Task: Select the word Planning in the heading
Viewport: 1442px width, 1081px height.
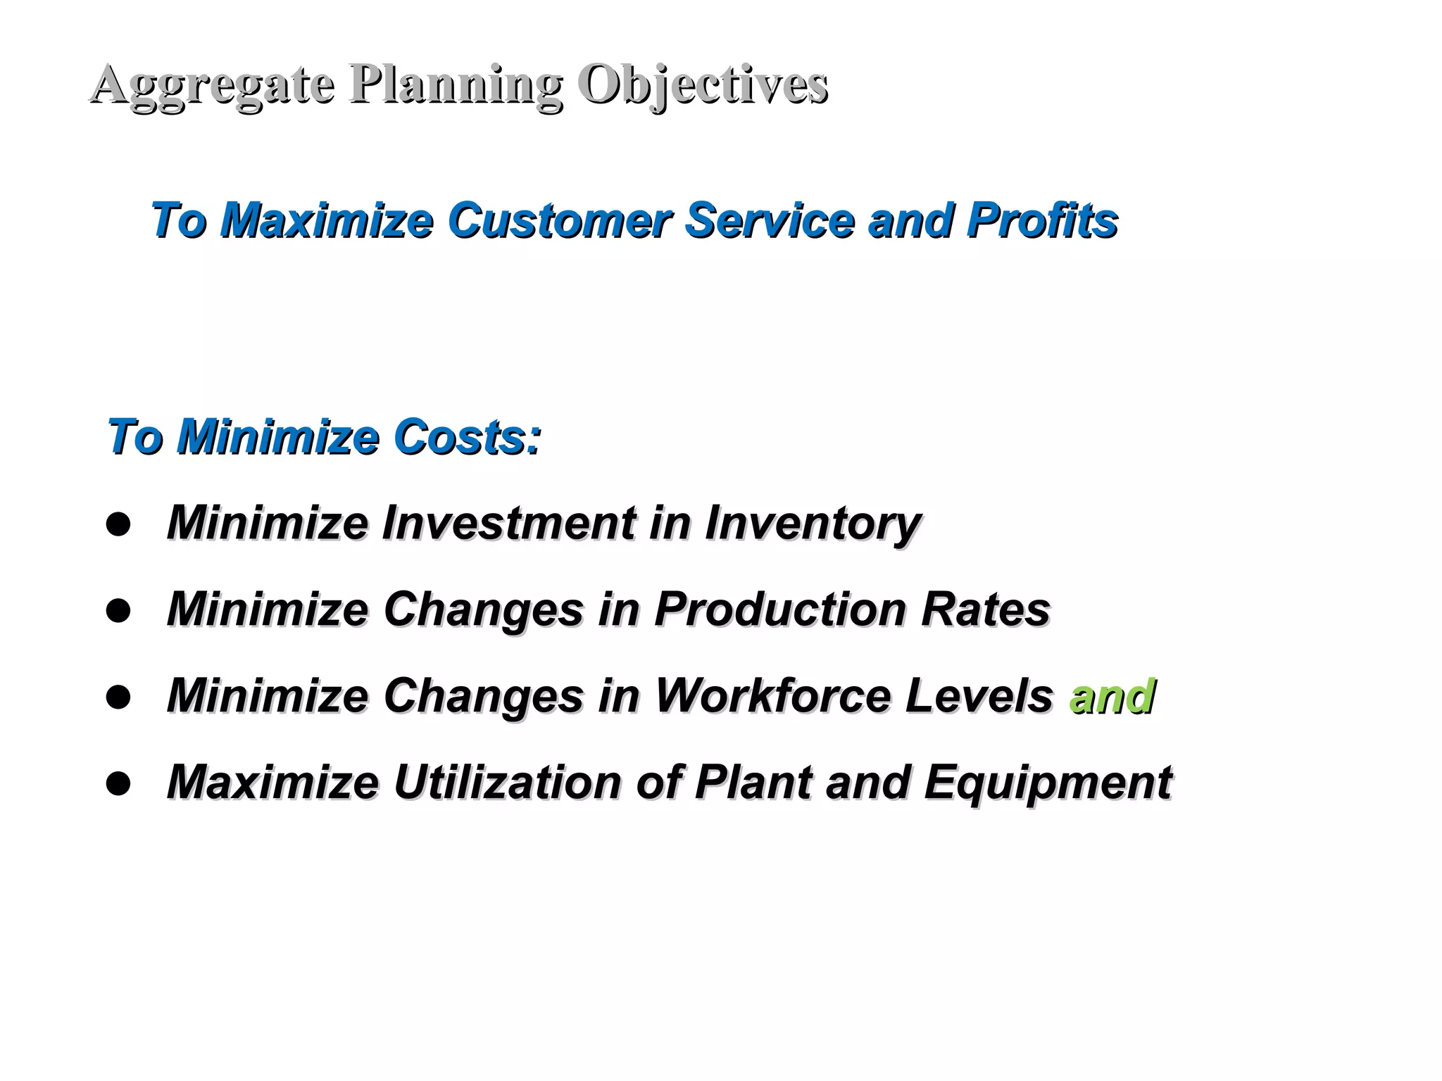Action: (x=456, y=84)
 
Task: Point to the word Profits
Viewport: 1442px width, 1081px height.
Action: (x=1041, y=220)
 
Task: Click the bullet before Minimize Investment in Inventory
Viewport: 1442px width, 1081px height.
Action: (x=118, y=525)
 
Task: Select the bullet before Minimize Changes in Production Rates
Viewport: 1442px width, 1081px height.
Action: (x=118, y=611)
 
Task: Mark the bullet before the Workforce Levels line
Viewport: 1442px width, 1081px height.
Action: (x=118, y=697)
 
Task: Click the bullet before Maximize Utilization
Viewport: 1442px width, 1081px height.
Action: (x=118, y=783)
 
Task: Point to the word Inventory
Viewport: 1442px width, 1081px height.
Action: (x=813, y=524)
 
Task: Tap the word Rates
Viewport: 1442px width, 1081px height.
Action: (x=985, y=609)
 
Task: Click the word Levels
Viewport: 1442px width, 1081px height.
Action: (x=979, y=696)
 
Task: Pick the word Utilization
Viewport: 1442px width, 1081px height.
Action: (x=507, y=782)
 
